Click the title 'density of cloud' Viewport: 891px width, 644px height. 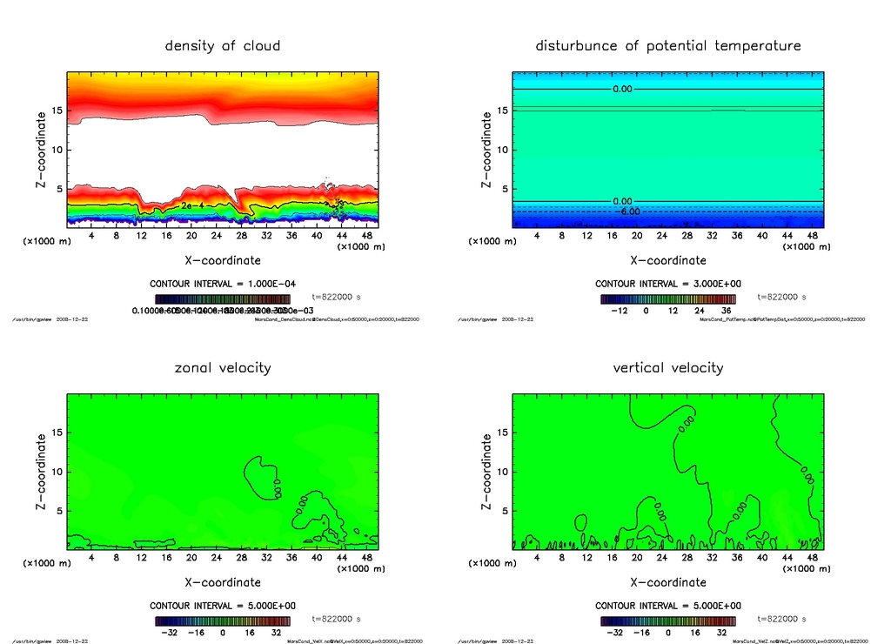(223, 45)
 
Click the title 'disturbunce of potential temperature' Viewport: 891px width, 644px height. (667, 45)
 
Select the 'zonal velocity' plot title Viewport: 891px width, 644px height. (223, 367)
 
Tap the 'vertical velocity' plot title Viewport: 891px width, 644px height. (667, 367)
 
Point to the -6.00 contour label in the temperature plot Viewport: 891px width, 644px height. (627, 211)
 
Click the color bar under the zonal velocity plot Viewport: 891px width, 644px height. (222, 621)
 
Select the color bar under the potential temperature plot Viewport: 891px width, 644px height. (667, 299)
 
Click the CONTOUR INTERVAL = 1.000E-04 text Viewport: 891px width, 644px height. (223, 284)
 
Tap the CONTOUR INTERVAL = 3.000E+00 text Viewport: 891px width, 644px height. (667, 284)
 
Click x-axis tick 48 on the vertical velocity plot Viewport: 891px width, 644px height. (811, 557)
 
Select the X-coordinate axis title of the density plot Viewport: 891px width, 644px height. (223, 259)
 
